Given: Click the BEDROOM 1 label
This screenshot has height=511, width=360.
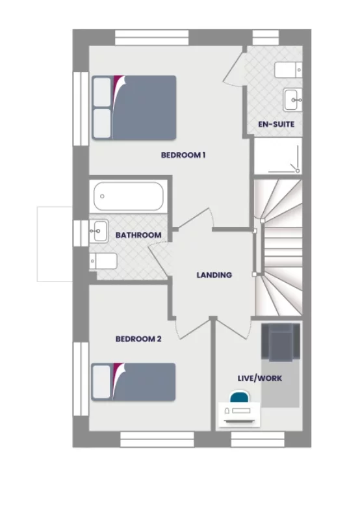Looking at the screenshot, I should coord(183,155).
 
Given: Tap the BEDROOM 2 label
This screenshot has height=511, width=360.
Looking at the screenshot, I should coord(138,339).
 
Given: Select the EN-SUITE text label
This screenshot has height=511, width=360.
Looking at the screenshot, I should coord(277,124).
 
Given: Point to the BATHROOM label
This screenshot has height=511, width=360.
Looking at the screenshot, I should coord(138,235).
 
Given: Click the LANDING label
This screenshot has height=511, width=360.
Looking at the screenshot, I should coord(214,275).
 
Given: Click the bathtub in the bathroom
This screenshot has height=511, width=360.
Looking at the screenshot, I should coord(127,196).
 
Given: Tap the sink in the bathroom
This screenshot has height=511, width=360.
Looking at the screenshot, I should coord(99,230).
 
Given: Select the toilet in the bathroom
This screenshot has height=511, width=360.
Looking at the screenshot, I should coord(103,261).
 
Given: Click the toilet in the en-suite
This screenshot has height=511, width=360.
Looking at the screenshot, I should coord(288,69).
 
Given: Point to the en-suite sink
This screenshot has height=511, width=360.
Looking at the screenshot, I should coord(293,99).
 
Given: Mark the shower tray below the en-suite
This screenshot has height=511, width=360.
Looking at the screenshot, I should coord(277,157).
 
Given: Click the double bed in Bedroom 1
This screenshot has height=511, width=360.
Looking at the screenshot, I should coord(134,107).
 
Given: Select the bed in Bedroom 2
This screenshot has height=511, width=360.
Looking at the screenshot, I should coord(134,382).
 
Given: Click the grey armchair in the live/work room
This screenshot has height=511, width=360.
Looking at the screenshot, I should coord(280,343).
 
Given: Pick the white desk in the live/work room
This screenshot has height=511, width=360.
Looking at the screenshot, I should coord(238,413).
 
